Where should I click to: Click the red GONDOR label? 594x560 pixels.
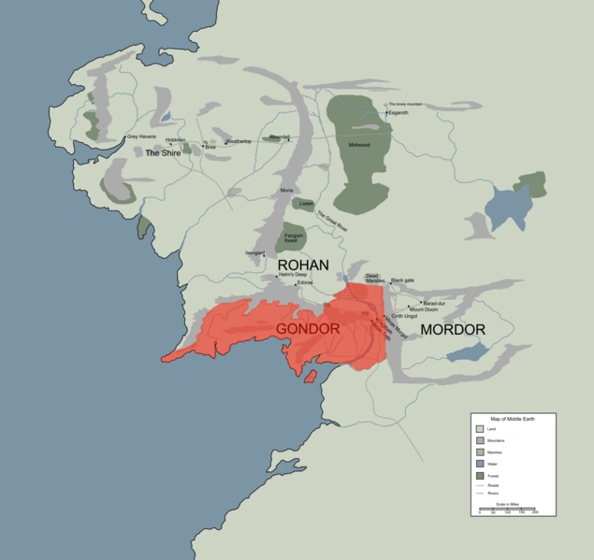pos(307,330)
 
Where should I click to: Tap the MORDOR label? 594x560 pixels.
pos(453,330)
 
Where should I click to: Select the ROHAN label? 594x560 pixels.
pos(303,266)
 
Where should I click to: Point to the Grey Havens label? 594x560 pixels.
pos(141,138)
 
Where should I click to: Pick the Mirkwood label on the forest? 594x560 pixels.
pos(358,145)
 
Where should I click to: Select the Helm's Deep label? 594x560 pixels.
pos(293,274)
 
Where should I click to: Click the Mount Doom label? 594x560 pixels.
pos(424,309)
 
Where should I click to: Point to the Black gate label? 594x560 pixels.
pos(402,280)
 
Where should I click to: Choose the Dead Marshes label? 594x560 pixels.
pos(373,279)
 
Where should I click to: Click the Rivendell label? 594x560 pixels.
pos(279,136)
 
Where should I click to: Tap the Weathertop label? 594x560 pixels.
pos(239,142)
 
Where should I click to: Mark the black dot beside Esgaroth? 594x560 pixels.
pos(387,113)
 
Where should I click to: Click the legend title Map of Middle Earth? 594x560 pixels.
pos(514,418)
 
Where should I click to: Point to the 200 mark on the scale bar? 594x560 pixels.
pos(535,512)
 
